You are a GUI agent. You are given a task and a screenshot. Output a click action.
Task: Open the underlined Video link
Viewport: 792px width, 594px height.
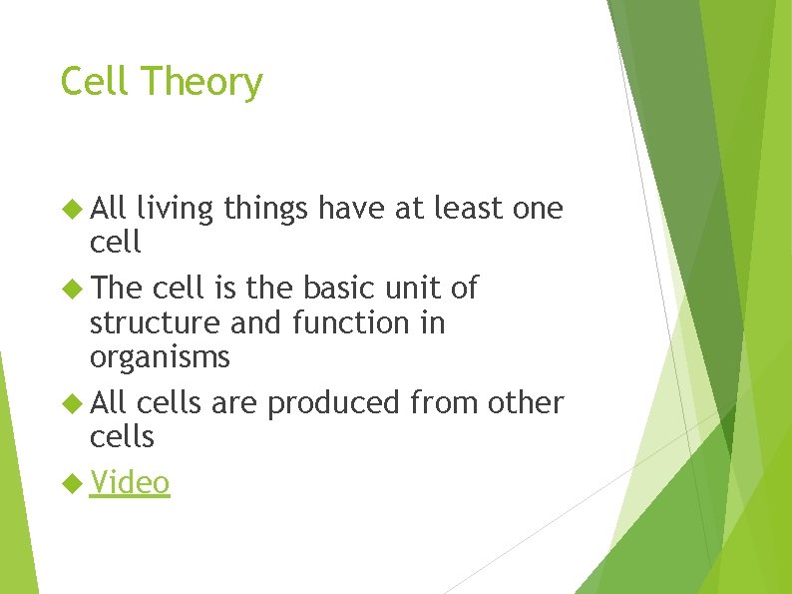(130, 483)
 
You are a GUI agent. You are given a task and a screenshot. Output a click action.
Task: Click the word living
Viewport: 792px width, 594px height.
(176, 210)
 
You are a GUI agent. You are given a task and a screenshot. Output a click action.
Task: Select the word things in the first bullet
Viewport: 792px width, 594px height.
(267, 209)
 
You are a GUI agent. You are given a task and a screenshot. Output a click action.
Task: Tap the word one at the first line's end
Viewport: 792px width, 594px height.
(538, 209)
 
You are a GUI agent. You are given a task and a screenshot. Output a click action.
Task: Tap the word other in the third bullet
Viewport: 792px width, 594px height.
(526, 402)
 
